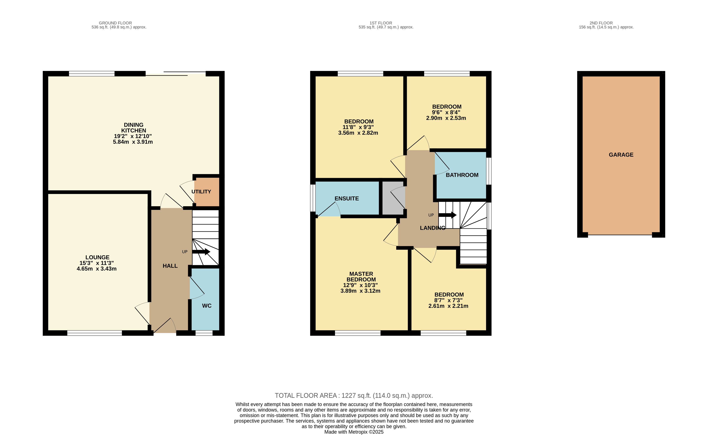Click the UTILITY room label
201,192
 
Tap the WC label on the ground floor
207,306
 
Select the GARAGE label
621,155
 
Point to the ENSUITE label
347,199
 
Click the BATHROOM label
462,175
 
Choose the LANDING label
432,228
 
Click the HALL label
170,266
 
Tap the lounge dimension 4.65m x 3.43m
96,269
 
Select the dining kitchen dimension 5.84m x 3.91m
133,142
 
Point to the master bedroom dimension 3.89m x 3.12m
360,291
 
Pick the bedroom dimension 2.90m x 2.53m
446,118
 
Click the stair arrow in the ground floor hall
201,252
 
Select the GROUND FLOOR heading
115,23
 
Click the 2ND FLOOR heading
601,23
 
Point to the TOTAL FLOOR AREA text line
354,395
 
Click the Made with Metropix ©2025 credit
354,432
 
